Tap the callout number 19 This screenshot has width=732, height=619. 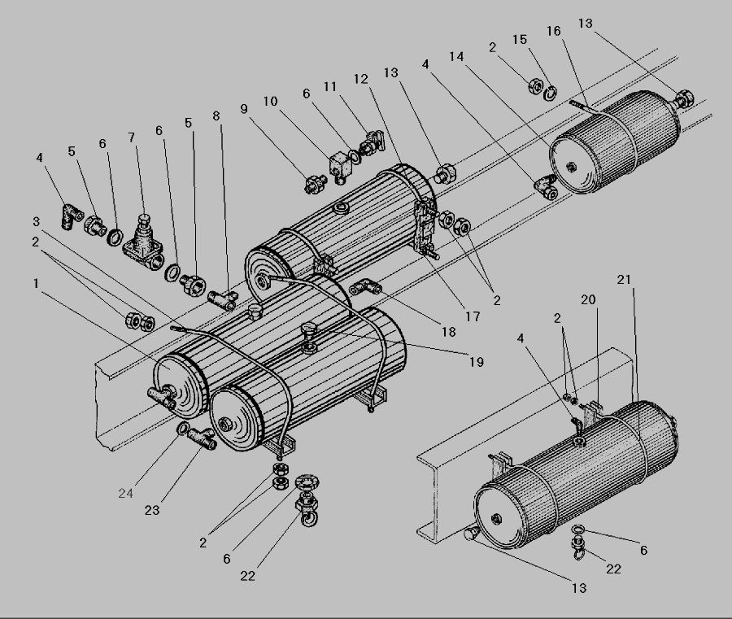click(477, 361)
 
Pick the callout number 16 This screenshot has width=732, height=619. click(553, 32)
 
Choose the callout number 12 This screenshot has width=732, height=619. click(361, 79)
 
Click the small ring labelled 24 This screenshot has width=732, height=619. click(184, 429)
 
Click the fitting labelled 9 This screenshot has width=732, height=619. click(312, 184)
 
